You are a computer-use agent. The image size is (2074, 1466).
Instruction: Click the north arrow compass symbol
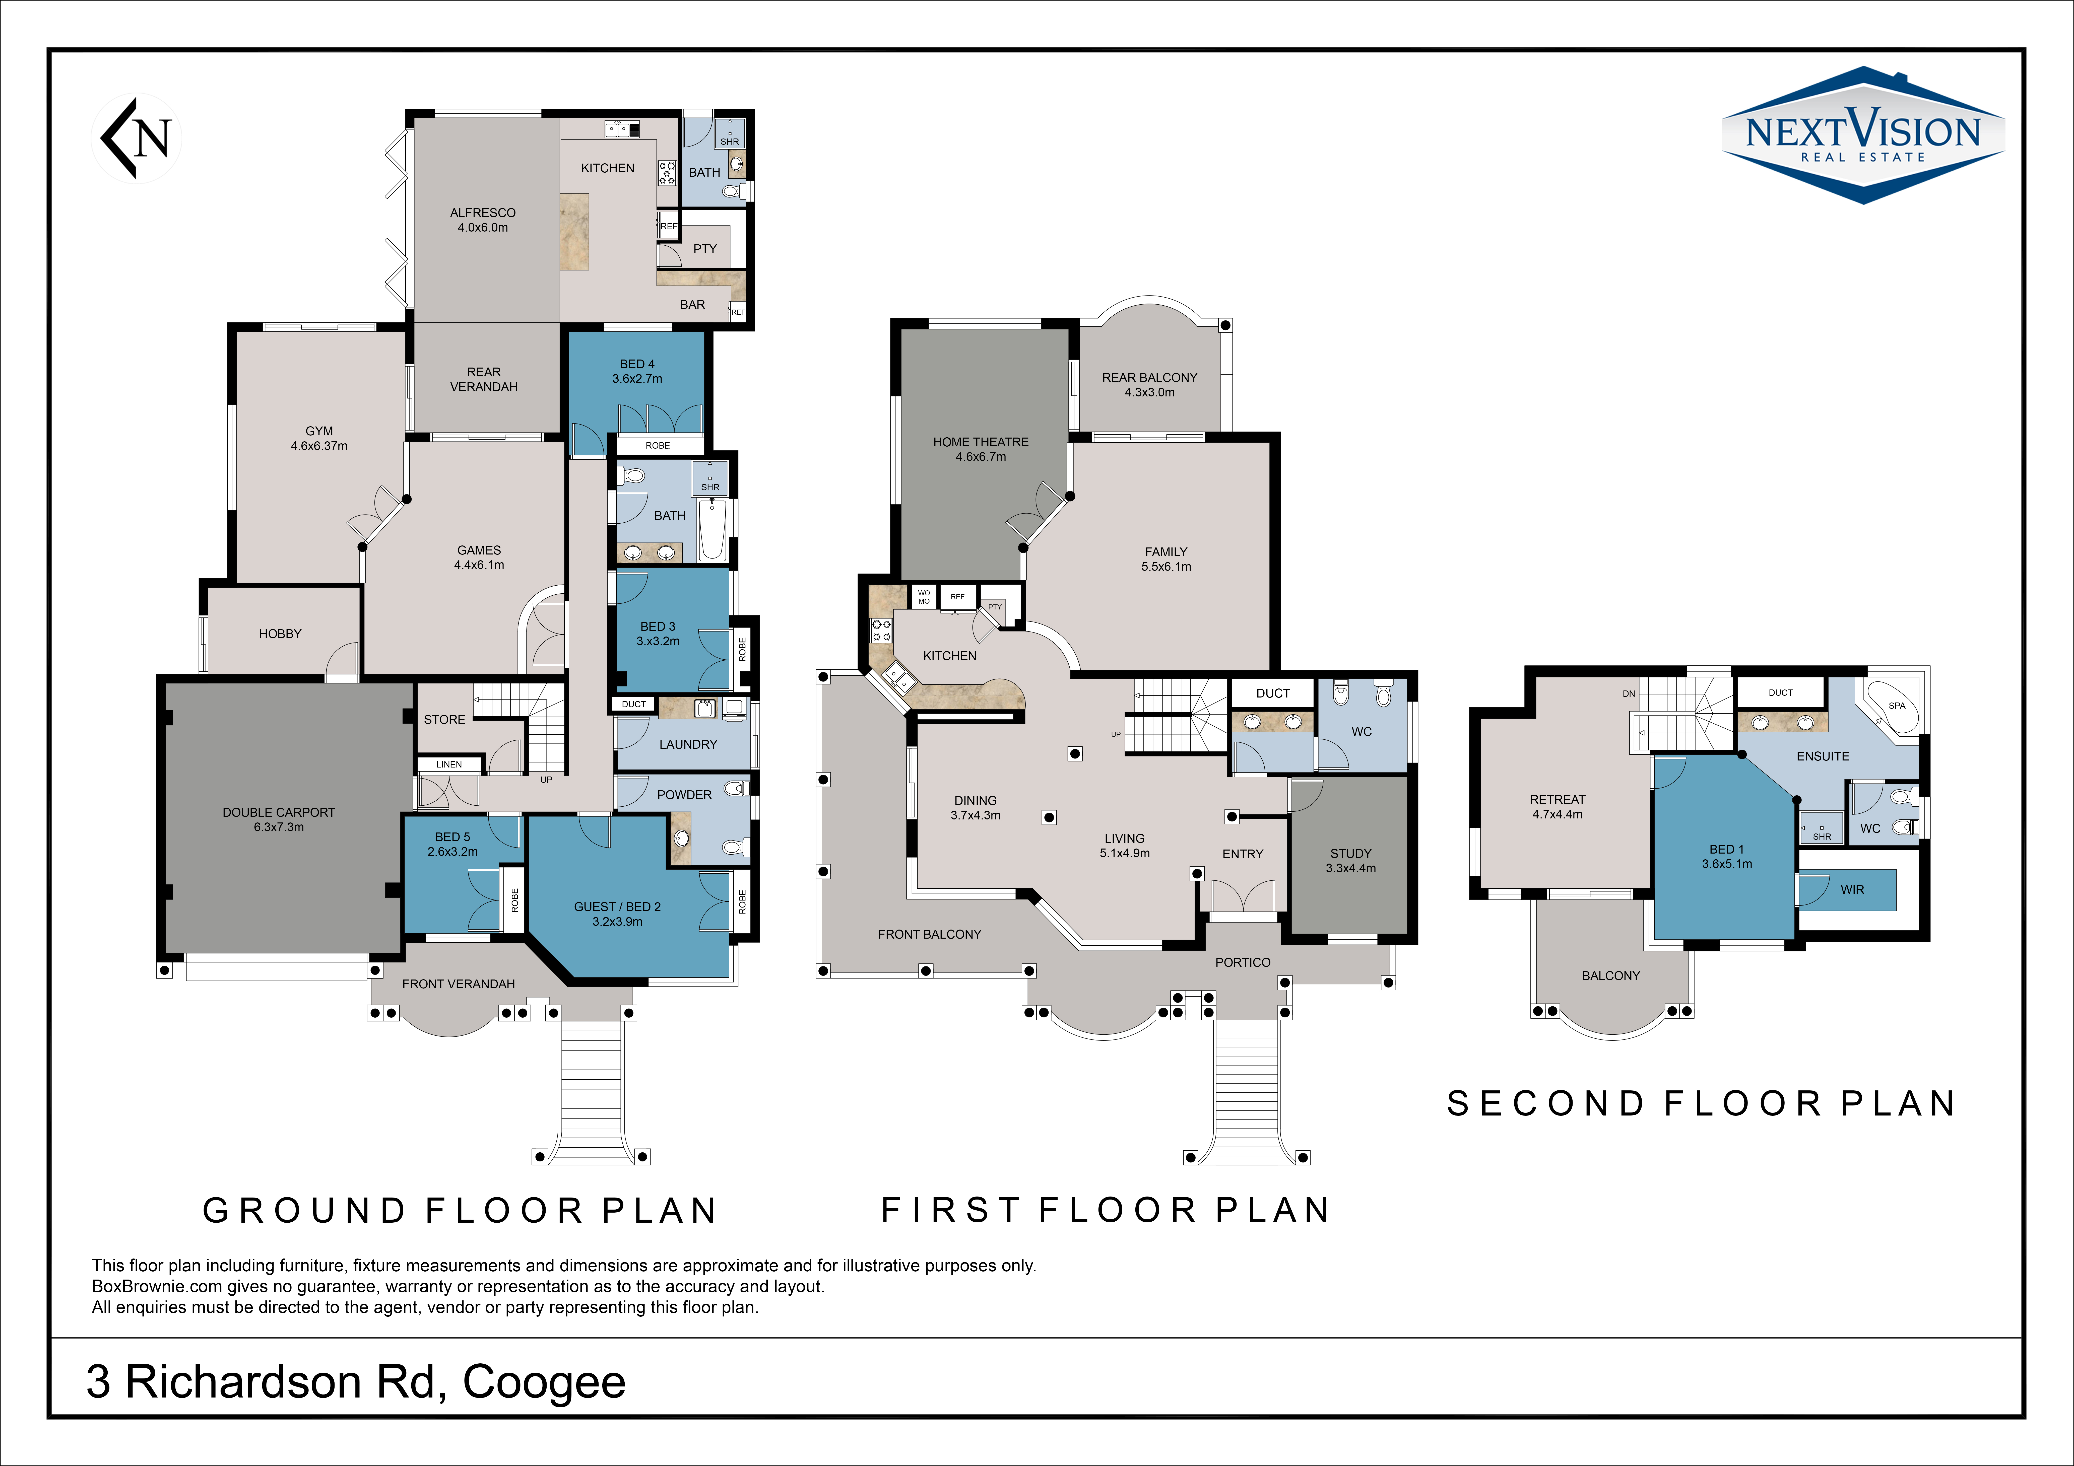(x=136, y=138)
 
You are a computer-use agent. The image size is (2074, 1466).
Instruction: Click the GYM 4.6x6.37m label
(x=319, y=438)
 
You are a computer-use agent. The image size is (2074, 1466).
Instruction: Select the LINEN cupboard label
(x=449, y=764)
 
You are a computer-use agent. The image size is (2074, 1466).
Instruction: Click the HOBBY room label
(x=280, y=634)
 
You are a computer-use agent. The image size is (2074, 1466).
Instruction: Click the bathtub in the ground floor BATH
(x=712, y=531)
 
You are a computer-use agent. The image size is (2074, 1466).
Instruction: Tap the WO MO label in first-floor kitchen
(x=923, y=597)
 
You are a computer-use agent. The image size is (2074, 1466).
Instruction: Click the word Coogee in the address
(x=544, y=1382)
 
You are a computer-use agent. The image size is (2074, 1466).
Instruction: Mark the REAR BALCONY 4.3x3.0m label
(x=1149, y=385)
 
